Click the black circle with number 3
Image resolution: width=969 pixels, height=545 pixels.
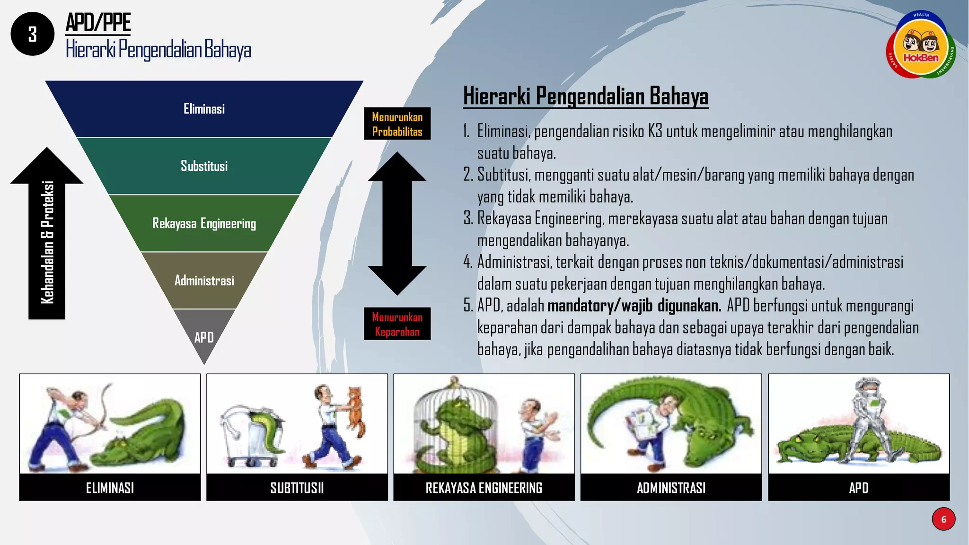coord(32,34)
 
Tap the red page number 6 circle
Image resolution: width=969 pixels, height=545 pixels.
coord(943,519)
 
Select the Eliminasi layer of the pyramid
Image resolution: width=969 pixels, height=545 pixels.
coord(204,109)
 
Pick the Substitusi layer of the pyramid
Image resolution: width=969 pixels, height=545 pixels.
coord(204,166)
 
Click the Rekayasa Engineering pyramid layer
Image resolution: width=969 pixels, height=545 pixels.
coord(204,223)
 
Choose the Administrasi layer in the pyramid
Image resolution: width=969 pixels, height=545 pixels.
coord(204,281)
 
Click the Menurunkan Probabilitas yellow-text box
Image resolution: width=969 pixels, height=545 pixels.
coord(397,124)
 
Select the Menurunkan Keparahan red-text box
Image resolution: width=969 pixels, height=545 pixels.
coord(397,324)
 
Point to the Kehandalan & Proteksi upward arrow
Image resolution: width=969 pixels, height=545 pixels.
coord(47,237)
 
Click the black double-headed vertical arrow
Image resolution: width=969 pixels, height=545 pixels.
coord(397,223)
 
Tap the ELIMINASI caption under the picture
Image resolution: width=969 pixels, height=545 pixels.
coord(110,487)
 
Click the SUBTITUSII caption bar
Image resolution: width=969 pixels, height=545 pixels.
coord(297,487)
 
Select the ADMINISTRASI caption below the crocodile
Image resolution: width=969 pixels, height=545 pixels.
coord(671,487)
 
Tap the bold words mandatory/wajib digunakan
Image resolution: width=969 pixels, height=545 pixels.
coord(634,306)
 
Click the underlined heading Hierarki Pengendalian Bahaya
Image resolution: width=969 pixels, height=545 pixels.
coord(585,96)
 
